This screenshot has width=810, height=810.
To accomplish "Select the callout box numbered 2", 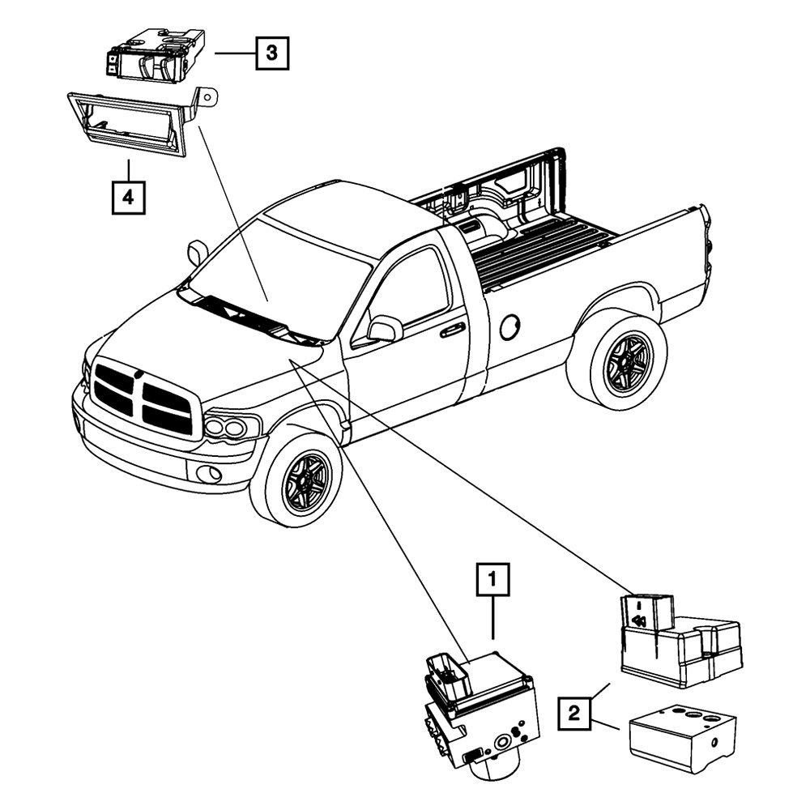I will pos(574,714).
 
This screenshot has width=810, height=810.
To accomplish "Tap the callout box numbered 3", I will pos(272,54).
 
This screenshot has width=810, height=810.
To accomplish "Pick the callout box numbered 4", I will pos(129,197).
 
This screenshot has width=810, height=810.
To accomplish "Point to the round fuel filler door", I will pos(509,327).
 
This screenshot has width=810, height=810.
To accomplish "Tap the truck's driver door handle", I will pos(452,330).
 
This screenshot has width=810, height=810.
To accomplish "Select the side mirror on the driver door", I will pos(385,328).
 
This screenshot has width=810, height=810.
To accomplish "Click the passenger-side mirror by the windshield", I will pos(196,253).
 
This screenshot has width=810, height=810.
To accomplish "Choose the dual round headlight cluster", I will pos(228,427).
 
